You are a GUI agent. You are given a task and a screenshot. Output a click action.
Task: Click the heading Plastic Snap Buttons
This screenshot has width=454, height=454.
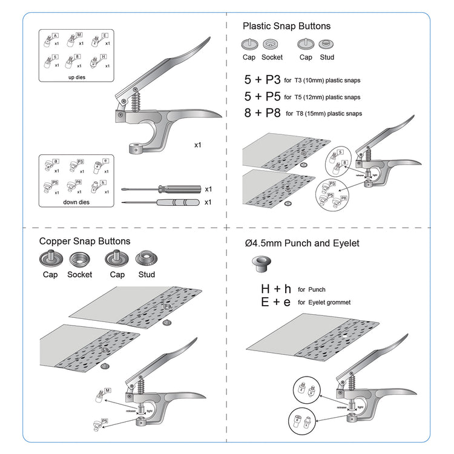tap(286, 26)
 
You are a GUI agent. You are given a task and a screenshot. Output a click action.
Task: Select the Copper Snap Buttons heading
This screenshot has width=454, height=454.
tap(85, 241)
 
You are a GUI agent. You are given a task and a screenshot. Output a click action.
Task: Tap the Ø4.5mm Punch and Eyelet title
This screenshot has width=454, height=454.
tap(302, 243)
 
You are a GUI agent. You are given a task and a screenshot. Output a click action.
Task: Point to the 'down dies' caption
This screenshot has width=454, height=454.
tap(76, 202)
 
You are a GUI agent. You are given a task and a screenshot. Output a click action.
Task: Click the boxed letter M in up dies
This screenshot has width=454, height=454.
tap(79, 35)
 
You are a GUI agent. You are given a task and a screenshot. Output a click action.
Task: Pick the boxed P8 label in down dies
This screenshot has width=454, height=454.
tap(79, 182)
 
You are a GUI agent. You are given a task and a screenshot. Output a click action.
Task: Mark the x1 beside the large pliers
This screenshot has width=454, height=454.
tap(198, 145)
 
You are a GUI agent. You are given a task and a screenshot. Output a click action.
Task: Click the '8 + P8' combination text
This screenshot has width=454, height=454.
tap(262, 113)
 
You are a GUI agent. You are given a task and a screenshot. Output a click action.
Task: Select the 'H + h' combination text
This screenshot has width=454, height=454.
tap(276, 289)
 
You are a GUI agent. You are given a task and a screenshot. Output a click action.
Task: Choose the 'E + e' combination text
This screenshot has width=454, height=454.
tap(276, 301)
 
